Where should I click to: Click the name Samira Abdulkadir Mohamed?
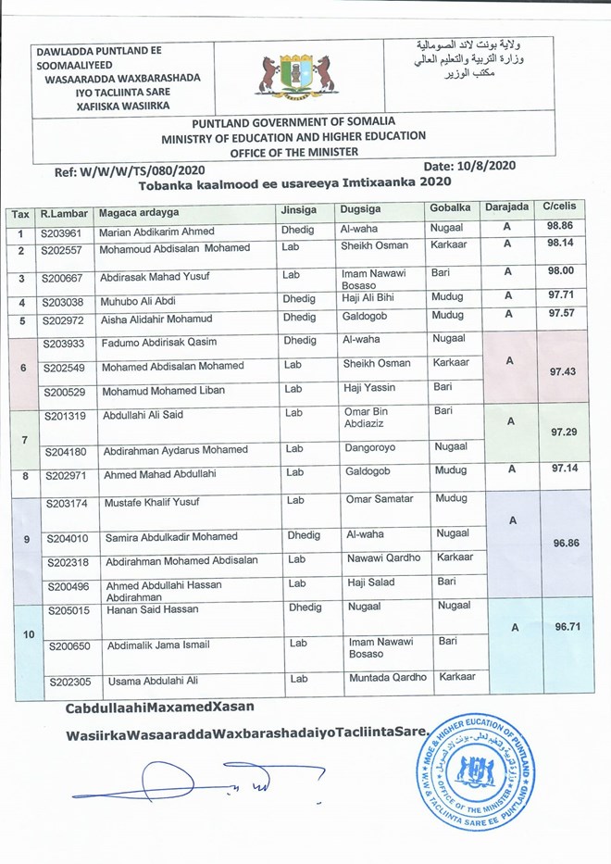[x=169, y=537]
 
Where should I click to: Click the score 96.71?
[x=565, y=627]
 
